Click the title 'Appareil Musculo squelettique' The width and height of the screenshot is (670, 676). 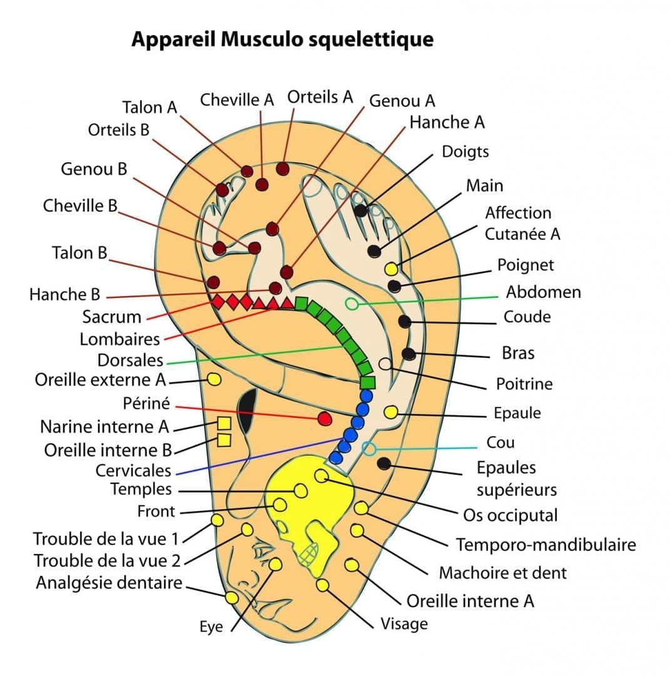[x=282, y=39]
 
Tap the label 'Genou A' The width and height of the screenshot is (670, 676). [x=402, y=101]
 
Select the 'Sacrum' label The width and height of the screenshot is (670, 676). [x=111, y=317]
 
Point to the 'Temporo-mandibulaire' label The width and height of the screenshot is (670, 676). [x=546, y=545]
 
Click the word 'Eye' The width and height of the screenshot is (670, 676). [x=211, y=627]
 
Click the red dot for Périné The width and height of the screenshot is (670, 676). [x=324, y=418]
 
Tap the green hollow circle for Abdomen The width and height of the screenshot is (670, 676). [x=352, y=304]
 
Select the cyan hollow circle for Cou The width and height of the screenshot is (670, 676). [x=369, y=449]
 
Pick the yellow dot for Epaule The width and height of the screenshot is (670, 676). [x=391, y=412]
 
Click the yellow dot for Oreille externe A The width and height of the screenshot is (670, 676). [x=213, y=379]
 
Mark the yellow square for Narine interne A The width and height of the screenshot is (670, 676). [x=223, y=424]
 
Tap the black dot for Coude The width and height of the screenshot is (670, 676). [x=405, y=321]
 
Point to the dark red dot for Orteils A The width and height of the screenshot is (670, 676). [x=283, y=169]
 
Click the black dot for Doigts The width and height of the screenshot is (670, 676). [x=361, y=211]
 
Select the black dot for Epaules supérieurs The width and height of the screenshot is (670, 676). [x=385, y=463]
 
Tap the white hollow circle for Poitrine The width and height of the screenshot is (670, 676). [x=385, y=364]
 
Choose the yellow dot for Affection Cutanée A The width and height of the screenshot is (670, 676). [x=391, y=269]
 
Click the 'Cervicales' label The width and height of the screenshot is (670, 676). [x=133, y=470]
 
